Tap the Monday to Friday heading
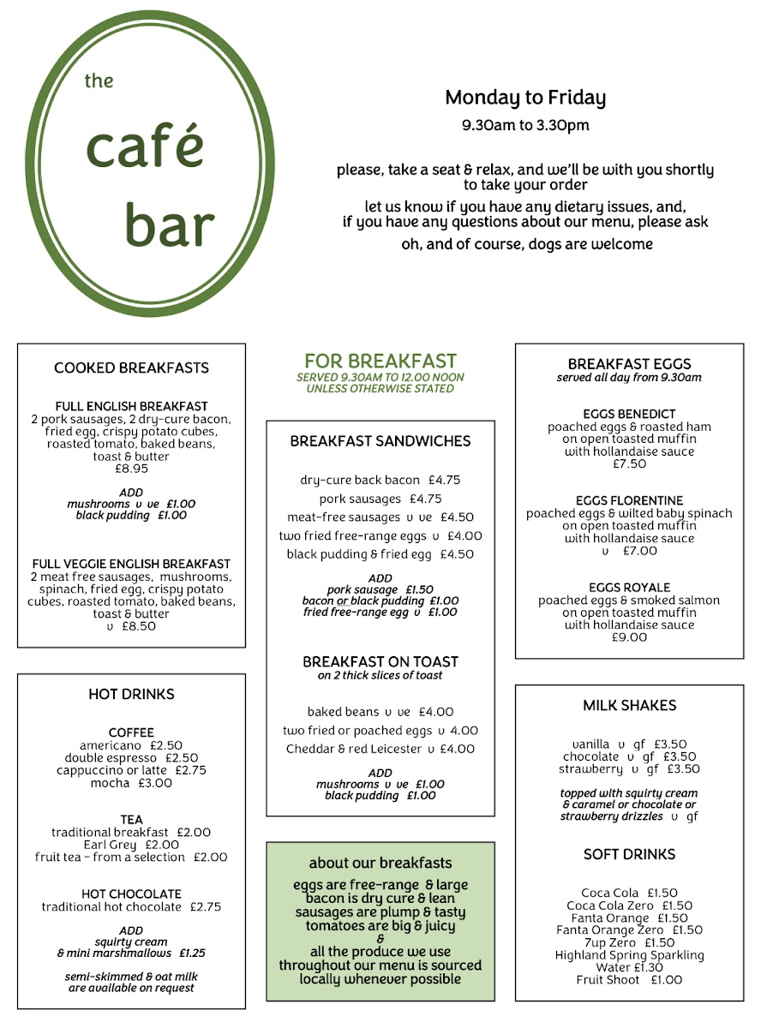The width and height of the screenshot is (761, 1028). pyautogui.click(x=524, y=99)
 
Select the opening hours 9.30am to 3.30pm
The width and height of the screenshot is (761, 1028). pyautogui.click(x=524, y=125)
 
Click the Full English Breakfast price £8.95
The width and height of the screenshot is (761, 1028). pyautogui.click(x=131, y=469)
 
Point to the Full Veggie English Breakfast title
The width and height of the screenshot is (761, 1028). pyautogui.click(x=131, y=564)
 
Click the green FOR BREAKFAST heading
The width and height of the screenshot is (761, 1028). pyautogui.click(x=380, y=362)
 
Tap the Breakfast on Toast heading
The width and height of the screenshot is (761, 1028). pyautogui.click(x=380, y=661)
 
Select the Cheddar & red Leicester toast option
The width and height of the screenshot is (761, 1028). pyautogui.click(x=380, y=749)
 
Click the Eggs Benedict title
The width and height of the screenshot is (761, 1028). pyautogui.click(x=629, y=414)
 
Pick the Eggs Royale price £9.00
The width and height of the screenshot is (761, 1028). pyautogui.click(x=629, y=637)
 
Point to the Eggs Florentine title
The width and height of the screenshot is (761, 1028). pyautogui.click(x=629, y=500)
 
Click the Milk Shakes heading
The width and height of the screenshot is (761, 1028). pyautogui.click(x=629, y=705)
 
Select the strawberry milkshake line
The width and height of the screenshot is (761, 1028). pyautogui.click(x=629, y=768)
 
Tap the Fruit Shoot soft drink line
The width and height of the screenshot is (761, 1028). pyautogui.click(x=629, y=979)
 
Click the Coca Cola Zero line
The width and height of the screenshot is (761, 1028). pyautogui.click(x=629, y=905)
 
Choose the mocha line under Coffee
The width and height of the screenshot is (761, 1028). pyautogui.click(x=131, y=782)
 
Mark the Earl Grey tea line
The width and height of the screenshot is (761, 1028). pyautogui.click(x=131, y=844)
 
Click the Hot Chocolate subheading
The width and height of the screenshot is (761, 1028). pyautogui.click(x=131, y=894)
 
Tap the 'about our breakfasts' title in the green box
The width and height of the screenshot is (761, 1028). pyautogui.click(x=380, y=863)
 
